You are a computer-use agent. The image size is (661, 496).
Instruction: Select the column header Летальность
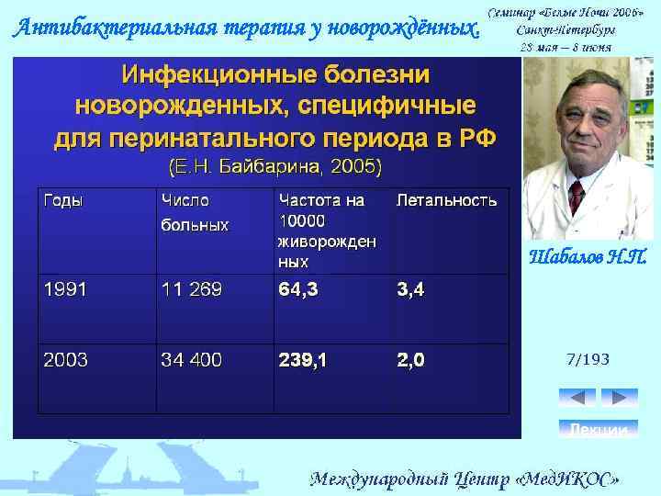[x=446, y=200]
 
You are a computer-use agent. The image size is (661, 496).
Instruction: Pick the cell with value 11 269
[x=191, y=290]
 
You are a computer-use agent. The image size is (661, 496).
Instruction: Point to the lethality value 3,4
[x=410, y=290]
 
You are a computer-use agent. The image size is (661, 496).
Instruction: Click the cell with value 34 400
[x=191, y=360]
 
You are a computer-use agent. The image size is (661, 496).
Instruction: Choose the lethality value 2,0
[x=410, y=360]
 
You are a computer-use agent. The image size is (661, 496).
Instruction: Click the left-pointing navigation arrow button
[x=577, y=397]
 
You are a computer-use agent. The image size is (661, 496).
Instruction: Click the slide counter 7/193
[x=588, y=359]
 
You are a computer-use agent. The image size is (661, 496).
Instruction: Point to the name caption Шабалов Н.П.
[x=588, y=257]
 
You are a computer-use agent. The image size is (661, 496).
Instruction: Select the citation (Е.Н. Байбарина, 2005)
[x=274, y=168]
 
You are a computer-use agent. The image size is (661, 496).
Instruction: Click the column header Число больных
[x=195, y=212]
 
